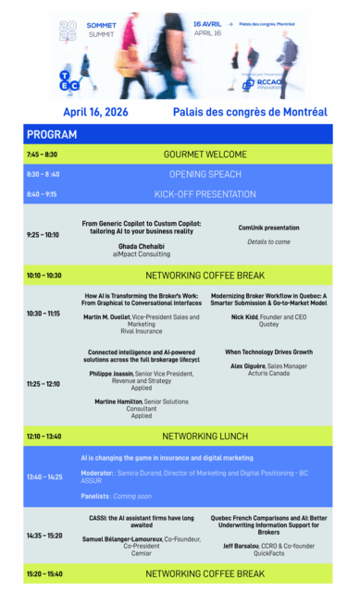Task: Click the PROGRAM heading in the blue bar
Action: tap(52, 135)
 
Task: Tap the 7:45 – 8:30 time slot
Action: tap(43, 154)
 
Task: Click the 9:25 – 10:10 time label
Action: tap(43, 235)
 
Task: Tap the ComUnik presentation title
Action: tap(268, 227)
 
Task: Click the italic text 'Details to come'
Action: tap(268, 241)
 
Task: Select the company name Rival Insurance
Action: tap(142, 331)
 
